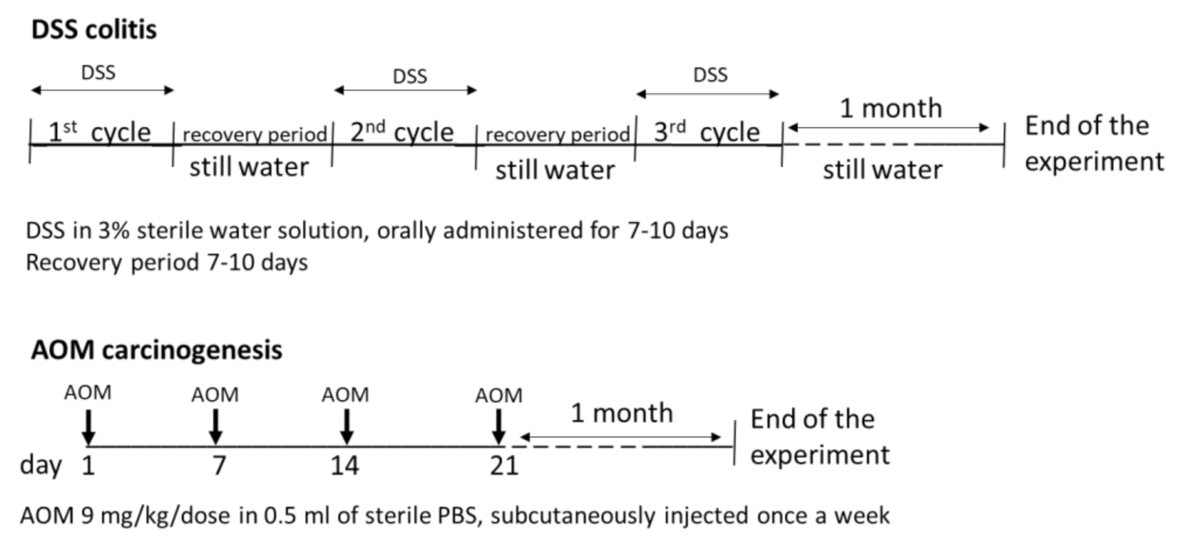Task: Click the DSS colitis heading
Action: tap(94, 30)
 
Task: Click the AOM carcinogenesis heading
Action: tap(157, 350)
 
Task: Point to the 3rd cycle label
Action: tap(706, 133)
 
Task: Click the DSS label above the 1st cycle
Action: tap(98, 72)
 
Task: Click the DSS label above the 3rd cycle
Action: tap(710, 75)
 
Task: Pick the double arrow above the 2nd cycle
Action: tap(405, 90)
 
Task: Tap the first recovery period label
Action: tap(255, 135)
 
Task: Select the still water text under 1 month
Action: tap(882, 170)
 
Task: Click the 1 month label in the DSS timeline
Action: tap(890, 109)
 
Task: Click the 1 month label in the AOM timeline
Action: tap(621, 413)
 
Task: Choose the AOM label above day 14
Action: tap(345, 395)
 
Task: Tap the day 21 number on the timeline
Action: tap(504, 466)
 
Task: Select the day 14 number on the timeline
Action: tap(344, 466)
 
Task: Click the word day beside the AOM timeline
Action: tap(41, 466)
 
